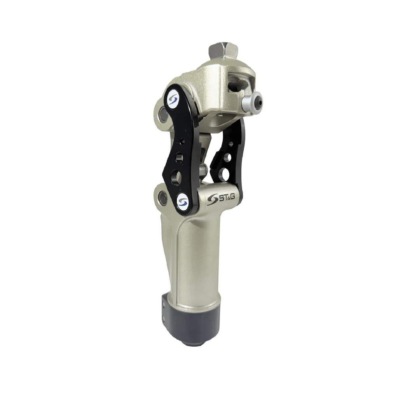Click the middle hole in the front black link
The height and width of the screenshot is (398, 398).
click(180, 156)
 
